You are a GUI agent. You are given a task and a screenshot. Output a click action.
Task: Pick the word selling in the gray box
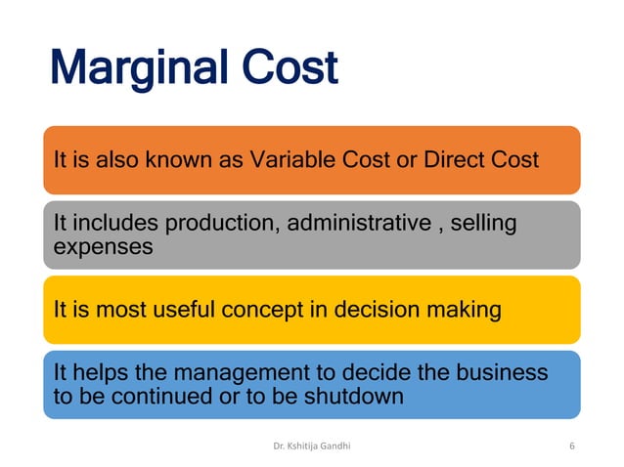point(482,225)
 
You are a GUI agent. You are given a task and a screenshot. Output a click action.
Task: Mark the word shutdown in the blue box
point(358,397)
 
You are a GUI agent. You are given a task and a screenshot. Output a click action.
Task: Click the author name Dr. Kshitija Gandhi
point(312,446)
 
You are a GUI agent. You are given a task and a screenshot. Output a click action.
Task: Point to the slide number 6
point(571,446)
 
